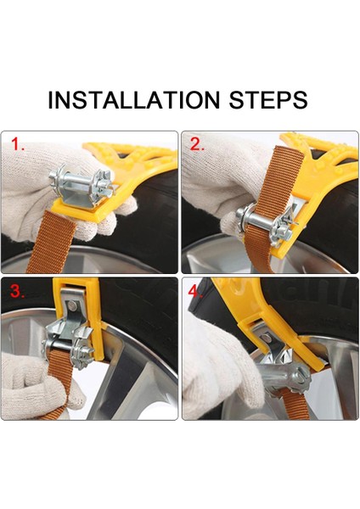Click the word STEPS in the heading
[x=268, y=99]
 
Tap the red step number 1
[x=17, y=144]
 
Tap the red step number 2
[x=197, y=144]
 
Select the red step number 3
[x=17, y=291]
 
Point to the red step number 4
[x=195, y=292]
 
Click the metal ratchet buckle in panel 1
[x=82, y=185]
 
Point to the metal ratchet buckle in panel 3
[x=70, y=338]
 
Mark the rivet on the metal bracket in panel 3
[x=73, y=305]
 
